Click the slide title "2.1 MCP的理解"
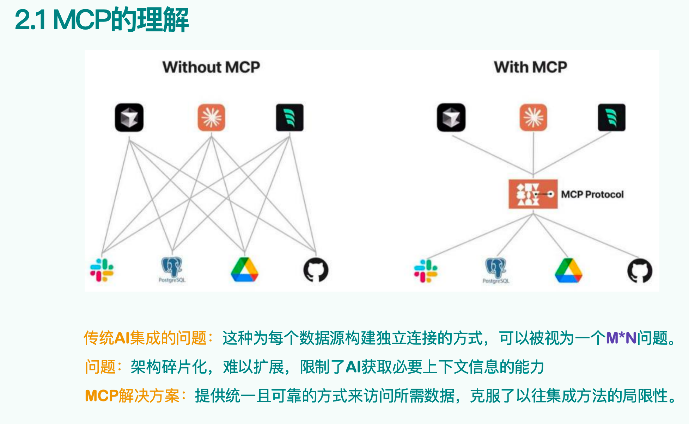point(102,20)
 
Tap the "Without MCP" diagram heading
point(211,67)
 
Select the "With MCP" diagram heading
point(530,67)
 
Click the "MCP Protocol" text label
point(592,194)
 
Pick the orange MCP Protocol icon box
point(533,194)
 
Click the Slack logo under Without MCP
point(102,270)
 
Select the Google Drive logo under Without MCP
point(244,270)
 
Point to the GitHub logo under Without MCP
point(316,270)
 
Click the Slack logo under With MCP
point(426,271)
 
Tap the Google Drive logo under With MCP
point(568,271)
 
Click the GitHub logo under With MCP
point(640,271)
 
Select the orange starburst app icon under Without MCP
point(211,118)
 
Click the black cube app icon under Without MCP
point(129,118)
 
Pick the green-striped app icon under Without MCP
point(289,118)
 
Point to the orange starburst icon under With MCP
point(533,118)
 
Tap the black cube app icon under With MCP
point(451,118)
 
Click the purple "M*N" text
point(621,338)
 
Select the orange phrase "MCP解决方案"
point(133,396)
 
